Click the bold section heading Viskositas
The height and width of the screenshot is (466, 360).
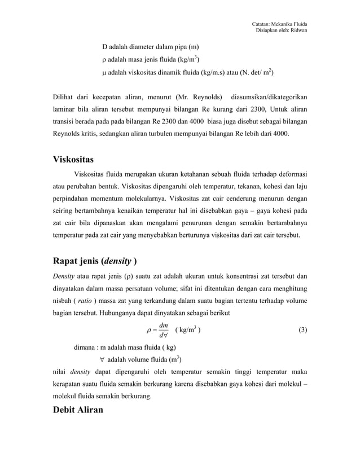[x=73, y=159]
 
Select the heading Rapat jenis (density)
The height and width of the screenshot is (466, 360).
[x=94, y=261]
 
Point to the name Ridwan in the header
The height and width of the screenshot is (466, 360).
[x=297, y=30]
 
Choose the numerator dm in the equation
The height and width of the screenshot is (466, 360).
[x=163, y=325]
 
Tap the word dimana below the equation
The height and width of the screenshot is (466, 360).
[x=84, y=347]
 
